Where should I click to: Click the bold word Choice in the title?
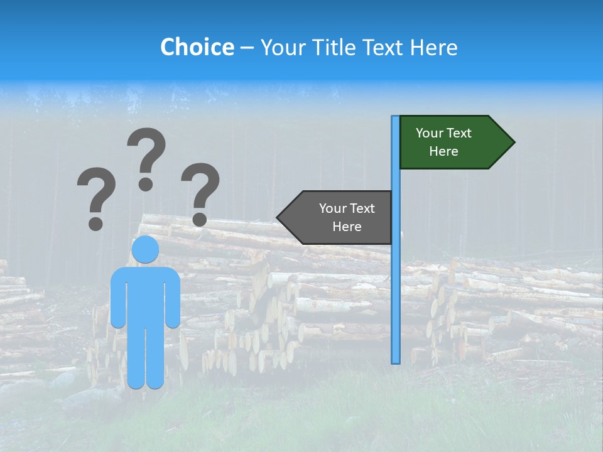coord(197,47)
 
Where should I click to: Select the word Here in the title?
coord(433,47)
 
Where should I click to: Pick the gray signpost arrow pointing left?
coord(336,217)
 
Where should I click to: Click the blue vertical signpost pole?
coord(395,282)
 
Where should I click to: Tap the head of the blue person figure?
coord(145,249)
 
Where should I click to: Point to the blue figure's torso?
coord(145,295)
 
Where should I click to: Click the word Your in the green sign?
coord(429,133)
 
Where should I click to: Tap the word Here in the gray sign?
coord(347,227)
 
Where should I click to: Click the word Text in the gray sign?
coord(361,208)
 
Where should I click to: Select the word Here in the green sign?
coord(443,151)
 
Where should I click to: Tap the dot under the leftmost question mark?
coord(95,223)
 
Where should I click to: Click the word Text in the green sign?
coord(459,133)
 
